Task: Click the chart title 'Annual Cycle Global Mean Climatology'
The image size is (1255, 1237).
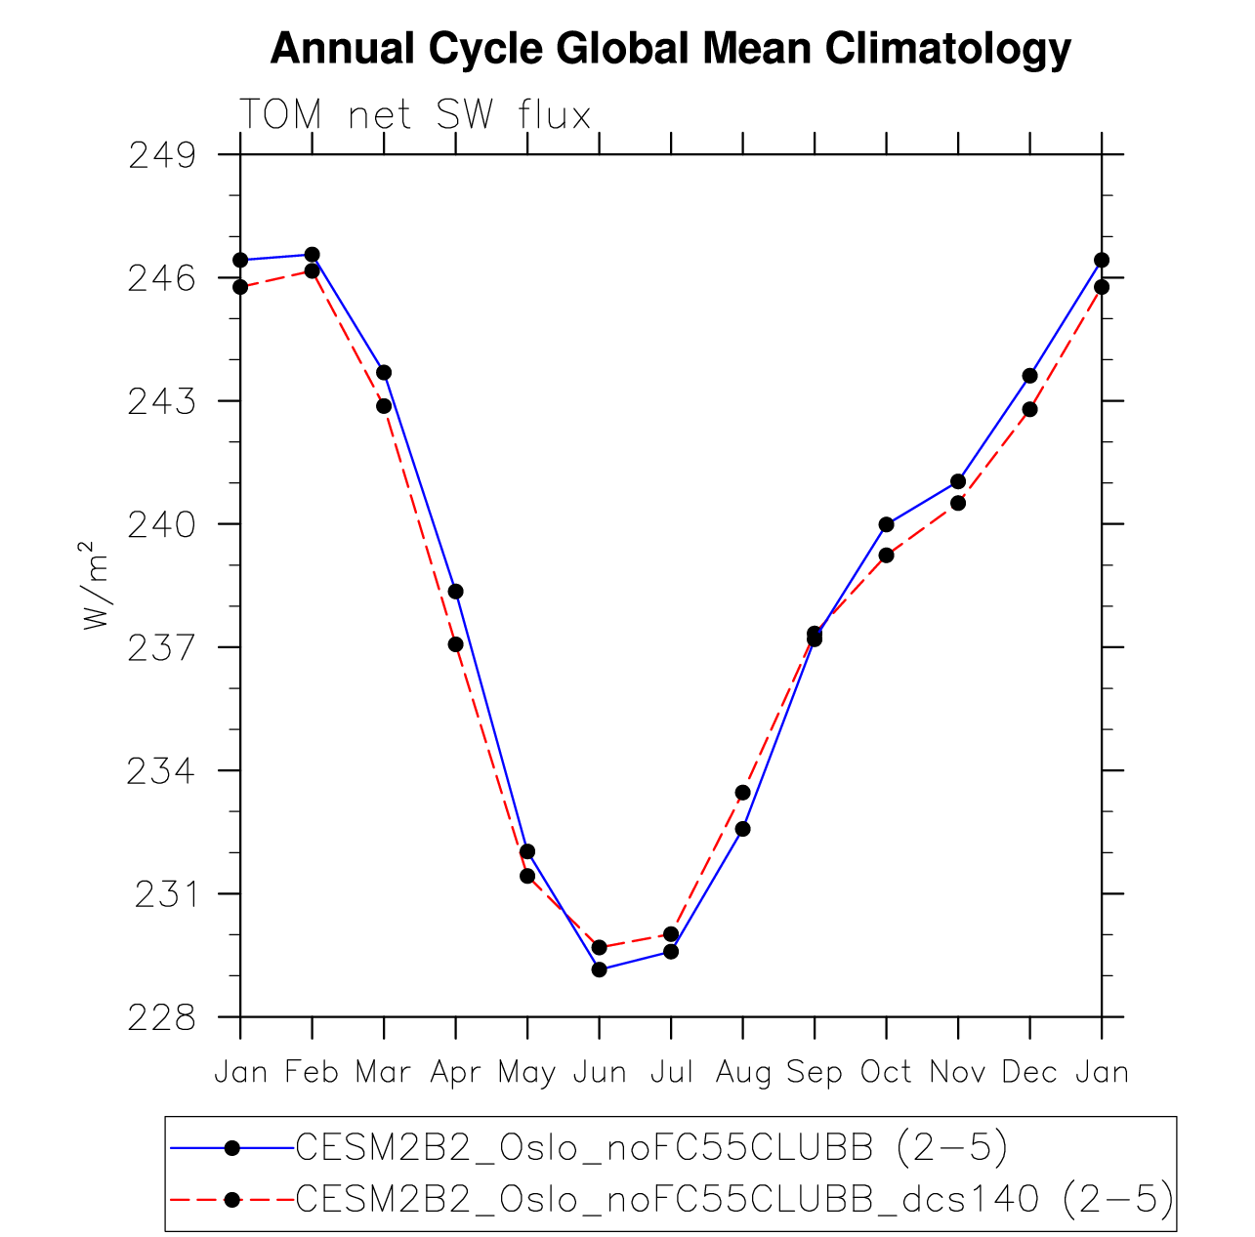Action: click(x=670, y=49)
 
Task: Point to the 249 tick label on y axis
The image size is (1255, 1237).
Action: click(x=161, y=155)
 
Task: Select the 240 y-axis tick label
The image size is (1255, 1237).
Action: click(x=161, y=525)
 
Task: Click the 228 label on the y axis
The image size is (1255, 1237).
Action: click(x=161, y=1017)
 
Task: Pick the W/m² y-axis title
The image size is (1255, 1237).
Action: click(x=95, y=585)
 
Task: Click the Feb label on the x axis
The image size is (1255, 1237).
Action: click(x=312, y=1073)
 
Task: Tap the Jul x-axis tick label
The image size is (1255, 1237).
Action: click(x=671, y=1073)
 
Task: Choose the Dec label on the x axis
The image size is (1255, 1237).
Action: click(x=1029, y=1073)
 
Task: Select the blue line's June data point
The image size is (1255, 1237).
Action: click(x=599, y=969)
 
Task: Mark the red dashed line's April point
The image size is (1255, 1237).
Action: click(x=456, y=644)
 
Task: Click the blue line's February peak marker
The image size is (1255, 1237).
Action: click(x=312, y=255)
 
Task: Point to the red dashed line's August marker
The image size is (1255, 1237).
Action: click(x=742, y=793)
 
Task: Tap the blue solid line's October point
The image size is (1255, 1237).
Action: click(x=886, y=524)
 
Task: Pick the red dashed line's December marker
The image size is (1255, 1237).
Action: click(x=1029, y=409)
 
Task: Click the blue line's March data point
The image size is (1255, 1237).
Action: click(x=384, y=373)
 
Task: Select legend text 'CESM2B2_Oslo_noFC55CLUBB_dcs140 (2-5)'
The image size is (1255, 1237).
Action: click(x=734, y=1199)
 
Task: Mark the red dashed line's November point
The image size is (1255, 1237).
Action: click(x=958, y=503)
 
